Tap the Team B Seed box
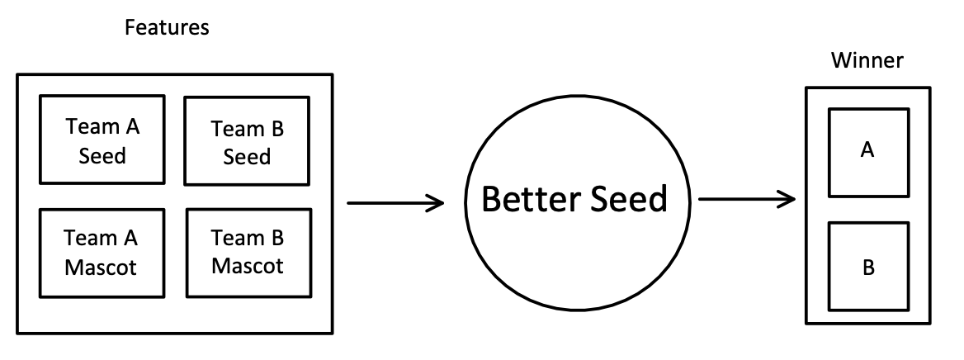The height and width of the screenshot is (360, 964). (247, 140)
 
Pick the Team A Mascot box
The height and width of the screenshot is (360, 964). (102, 251)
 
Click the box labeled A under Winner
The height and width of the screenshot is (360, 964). (867, 150)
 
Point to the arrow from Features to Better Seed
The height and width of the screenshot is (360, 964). (395, 201)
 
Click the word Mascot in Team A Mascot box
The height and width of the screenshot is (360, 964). (102, 267)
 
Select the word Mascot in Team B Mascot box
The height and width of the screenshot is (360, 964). (248, 266)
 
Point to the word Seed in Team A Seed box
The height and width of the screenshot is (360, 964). (102, 154)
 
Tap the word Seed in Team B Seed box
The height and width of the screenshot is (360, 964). (248, 156)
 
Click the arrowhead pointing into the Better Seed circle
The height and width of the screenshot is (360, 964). (435, 201)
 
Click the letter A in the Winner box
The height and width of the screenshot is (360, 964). (867, 150)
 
